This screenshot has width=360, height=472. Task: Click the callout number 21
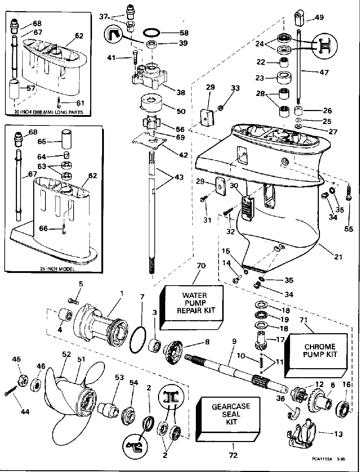[338, 257]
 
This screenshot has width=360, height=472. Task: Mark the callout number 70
[201, 266]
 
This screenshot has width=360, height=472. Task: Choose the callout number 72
[233, 455]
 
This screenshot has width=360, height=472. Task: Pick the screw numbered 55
[349, 192]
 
